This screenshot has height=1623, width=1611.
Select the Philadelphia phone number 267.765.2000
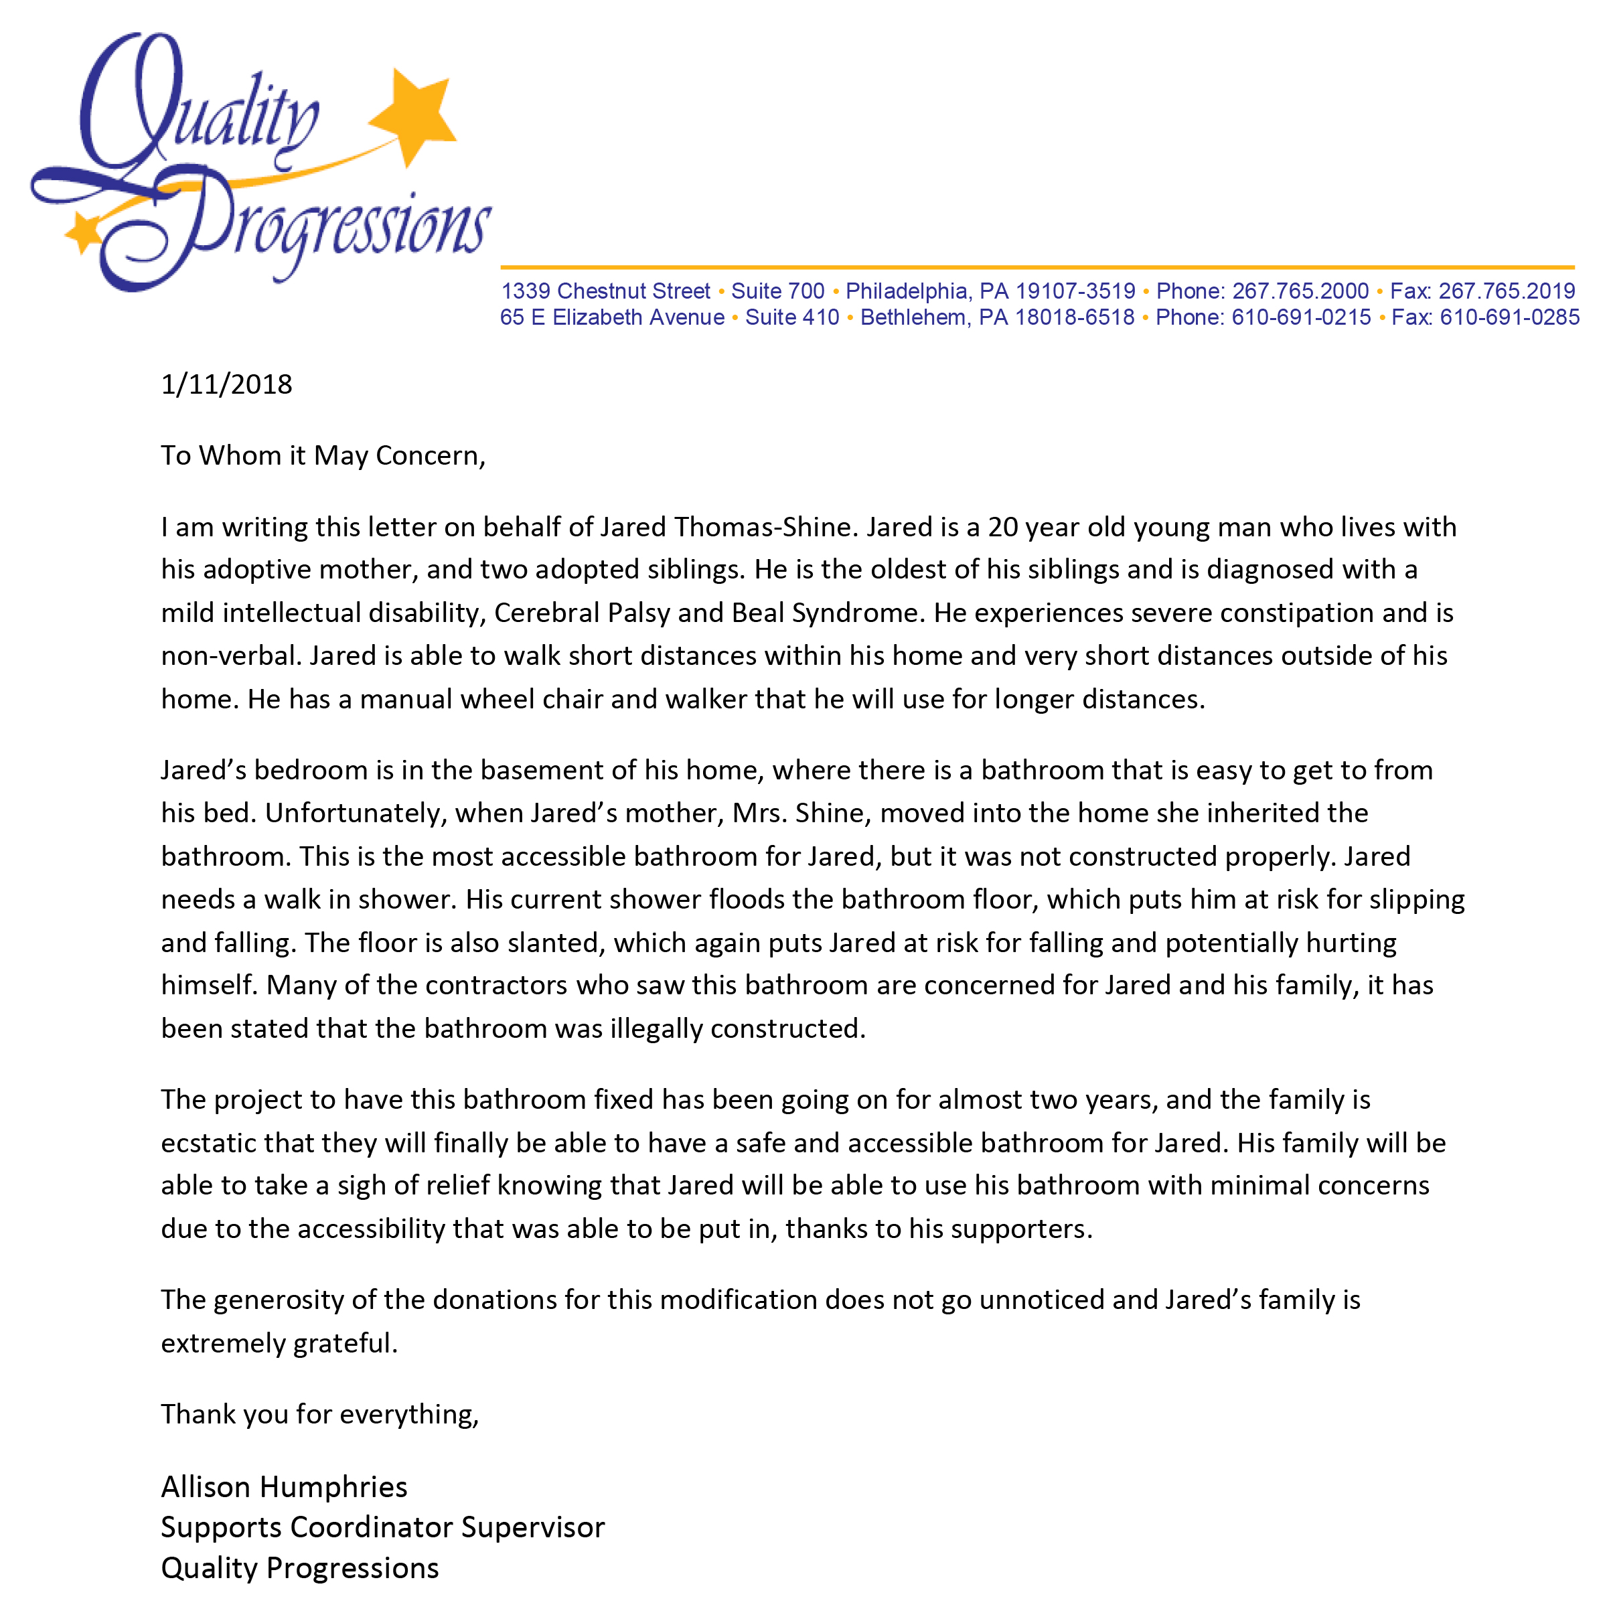click(x=1300, y=291)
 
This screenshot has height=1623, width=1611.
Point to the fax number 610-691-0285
click(x=1509, y=317)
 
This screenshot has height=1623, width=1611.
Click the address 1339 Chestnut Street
click(x=605, y=291)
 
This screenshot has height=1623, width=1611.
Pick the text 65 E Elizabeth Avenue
click(x=611, y=317)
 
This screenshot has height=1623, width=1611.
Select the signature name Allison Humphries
click(x=284, y=1487)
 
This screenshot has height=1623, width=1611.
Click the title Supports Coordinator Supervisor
click(x=382, y=1527)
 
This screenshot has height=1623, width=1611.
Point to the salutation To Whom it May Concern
click(x=323, y=456)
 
